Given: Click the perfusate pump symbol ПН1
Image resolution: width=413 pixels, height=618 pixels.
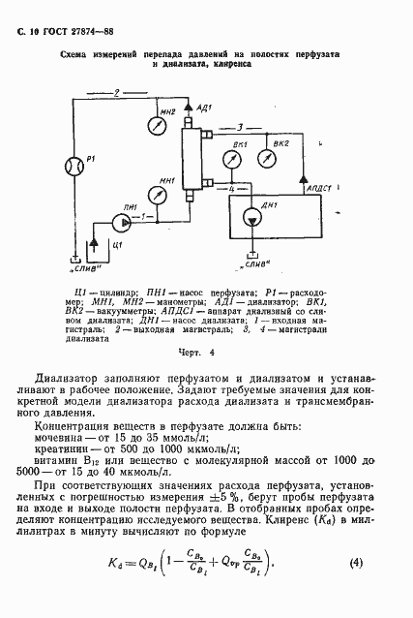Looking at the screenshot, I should (x=120, y=221).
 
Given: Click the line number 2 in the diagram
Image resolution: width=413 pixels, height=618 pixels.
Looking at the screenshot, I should (x=116, y=93).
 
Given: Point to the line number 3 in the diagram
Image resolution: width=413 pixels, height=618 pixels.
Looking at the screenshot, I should (x=253, y=125).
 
